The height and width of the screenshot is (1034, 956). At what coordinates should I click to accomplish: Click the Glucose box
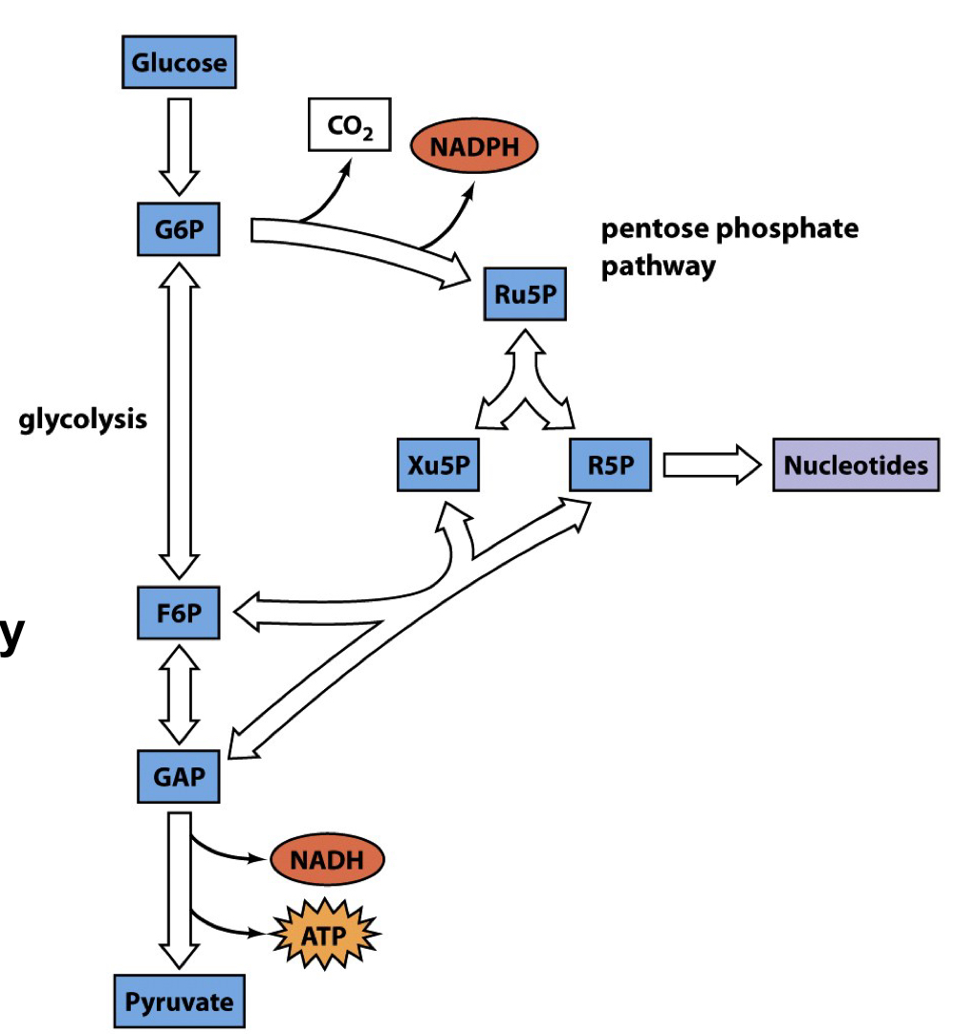tap(180, 64)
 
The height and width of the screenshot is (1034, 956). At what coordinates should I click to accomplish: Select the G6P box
tap(180, 231)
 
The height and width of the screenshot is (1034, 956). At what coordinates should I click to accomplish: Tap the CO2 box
tap(349, 124)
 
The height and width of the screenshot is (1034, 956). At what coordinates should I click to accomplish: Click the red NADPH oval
tap(474, 148)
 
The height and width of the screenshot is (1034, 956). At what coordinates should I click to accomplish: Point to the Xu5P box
tap(438, 465)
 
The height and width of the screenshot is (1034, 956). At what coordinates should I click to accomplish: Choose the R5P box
tap(611, 465)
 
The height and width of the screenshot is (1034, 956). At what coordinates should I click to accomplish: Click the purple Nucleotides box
tap(855, 465)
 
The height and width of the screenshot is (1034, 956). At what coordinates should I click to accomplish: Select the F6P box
tap(180, 614)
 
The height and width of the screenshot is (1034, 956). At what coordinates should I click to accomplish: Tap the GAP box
tap(180, 775)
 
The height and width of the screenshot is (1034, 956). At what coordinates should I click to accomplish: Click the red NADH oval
tap(327, 859)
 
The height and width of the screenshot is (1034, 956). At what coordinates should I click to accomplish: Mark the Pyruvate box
tap(180, 1002)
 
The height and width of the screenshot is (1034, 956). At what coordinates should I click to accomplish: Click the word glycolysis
tap(84, 420)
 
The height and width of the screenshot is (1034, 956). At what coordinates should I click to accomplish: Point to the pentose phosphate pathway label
tap(728, 247)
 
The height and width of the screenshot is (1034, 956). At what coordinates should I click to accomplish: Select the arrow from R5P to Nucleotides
tap(712, 465)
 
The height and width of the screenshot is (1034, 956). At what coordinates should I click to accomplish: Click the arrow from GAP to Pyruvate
tap(180, 889)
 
